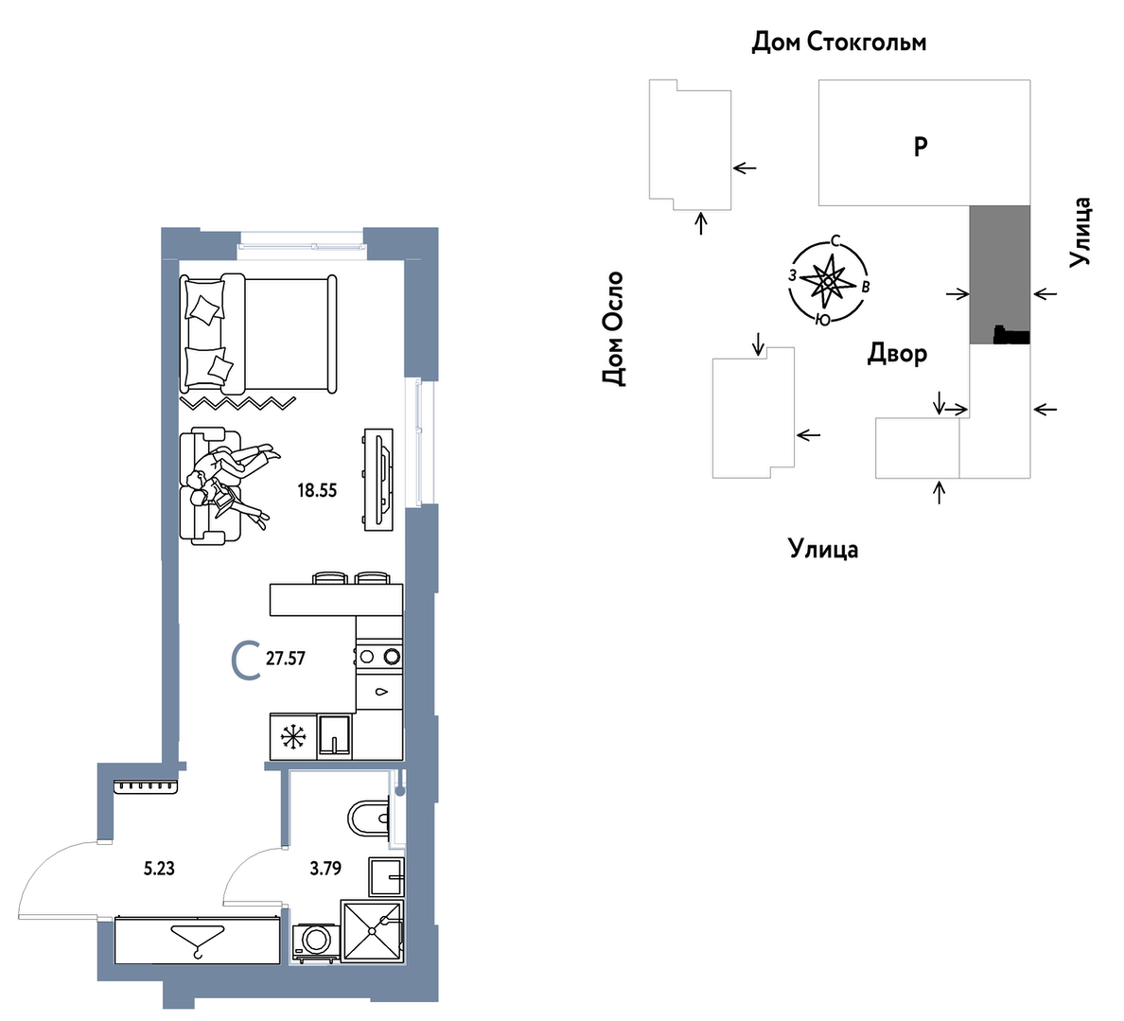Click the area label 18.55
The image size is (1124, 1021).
pos(317,491)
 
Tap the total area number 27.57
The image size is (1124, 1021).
pos(286,659)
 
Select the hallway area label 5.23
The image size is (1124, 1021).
pos(159,869)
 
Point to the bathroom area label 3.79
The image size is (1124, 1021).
pos(325,869)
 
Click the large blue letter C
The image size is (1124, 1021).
pos(246,661)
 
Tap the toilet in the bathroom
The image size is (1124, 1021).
pos(368,819)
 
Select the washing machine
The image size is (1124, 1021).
pos(316,942)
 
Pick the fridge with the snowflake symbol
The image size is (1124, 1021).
pos(293,736)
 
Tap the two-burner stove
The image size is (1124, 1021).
pos(379,656)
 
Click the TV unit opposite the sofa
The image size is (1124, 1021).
pos(378,480)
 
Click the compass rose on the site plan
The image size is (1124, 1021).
pos(828,281)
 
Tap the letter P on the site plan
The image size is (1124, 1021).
pos(922,147)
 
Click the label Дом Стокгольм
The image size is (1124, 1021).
pos(838,43)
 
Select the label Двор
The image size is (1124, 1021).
pos(898,354)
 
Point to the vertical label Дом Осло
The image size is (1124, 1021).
pos(614,329)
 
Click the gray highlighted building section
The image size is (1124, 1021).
pos(1000,274)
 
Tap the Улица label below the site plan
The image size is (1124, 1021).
pos(824,549)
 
